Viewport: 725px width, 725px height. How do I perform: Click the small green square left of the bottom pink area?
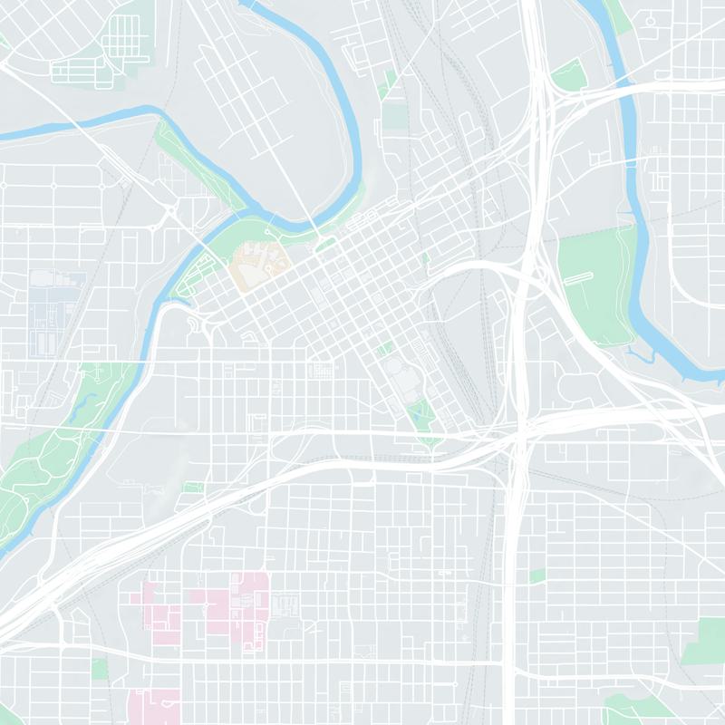point(100,669)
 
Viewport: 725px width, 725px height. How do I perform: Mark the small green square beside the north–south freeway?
point(537,575)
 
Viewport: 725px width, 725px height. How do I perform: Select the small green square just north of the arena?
point(385,349)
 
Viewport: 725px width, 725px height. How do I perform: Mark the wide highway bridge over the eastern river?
point(625,87)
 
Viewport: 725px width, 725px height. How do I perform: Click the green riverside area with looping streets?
point(195,272)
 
